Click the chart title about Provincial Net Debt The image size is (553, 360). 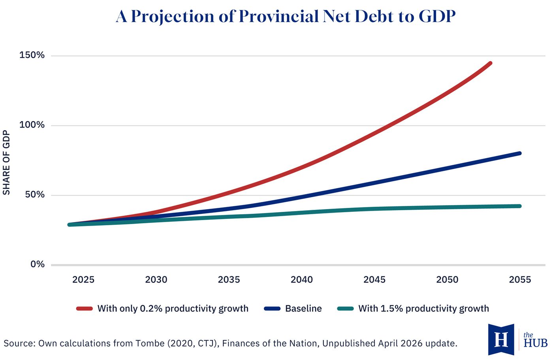286,17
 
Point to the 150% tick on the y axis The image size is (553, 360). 32,55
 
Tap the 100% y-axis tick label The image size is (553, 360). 32,125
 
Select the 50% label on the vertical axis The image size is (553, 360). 35,194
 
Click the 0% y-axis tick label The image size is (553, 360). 38,264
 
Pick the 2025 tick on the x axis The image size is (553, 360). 83,280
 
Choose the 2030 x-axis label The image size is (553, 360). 156,280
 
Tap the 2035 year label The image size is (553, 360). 229,280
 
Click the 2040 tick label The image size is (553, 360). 302,280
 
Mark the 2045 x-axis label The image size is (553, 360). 374,280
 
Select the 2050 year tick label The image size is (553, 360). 447,280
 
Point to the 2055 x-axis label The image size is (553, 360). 520,280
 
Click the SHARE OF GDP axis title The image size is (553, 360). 6,162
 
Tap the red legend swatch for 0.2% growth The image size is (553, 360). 84,309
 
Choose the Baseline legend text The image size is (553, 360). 303,309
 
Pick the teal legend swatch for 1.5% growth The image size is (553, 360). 345,309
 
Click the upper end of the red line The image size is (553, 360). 490,63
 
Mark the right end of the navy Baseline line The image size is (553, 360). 519,153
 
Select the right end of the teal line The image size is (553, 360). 519,206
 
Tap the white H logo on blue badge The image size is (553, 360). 501,339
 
